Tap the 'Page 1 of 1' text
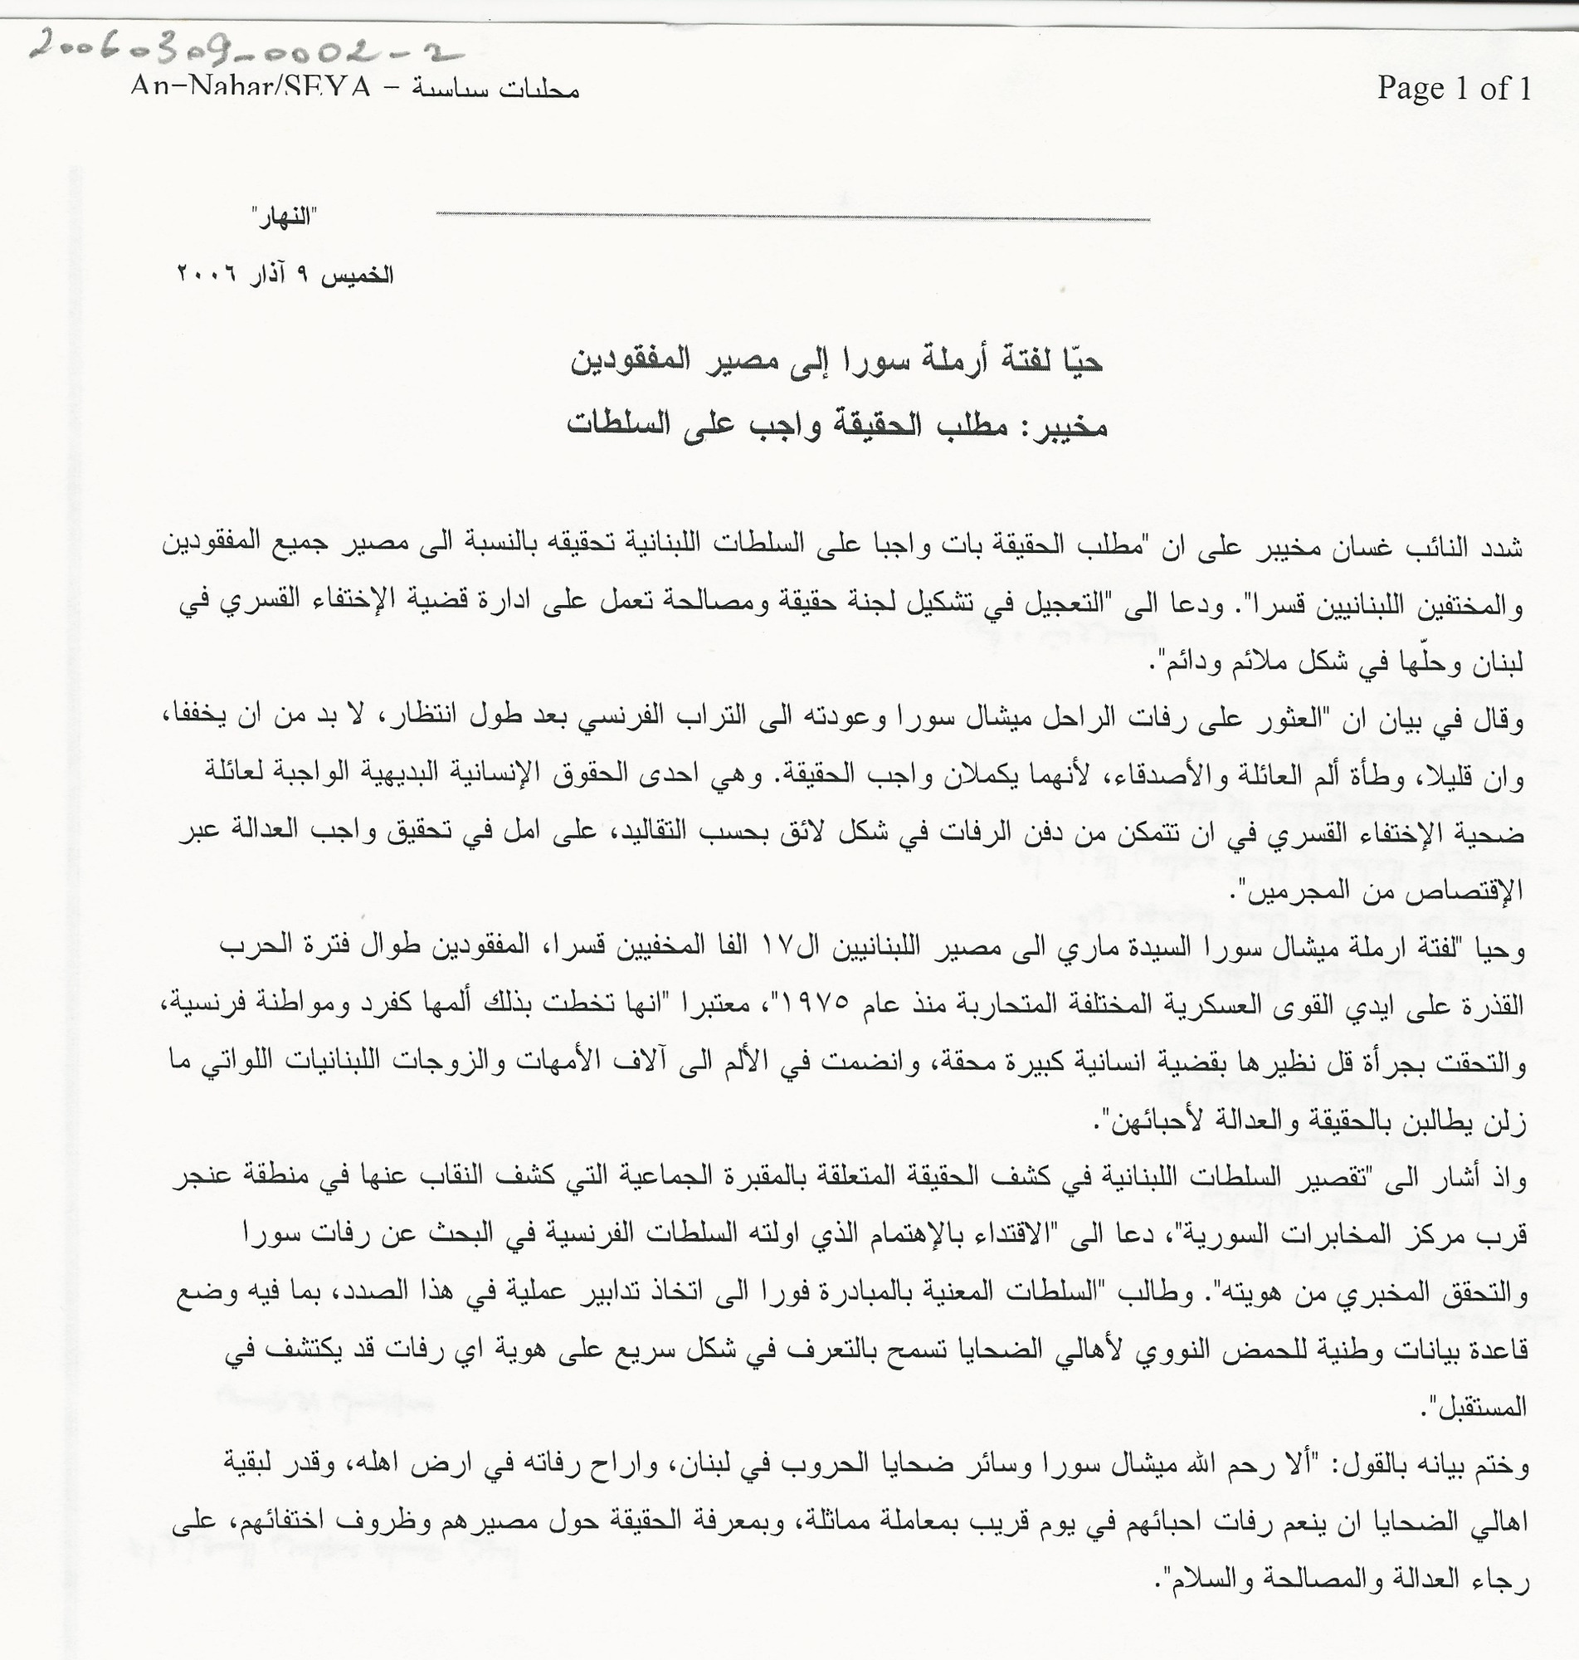(x=1453, y=87)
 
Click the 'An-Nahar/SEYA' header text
(x=250, y=87)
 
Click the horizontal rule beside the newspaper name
(x=792, y=218)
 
